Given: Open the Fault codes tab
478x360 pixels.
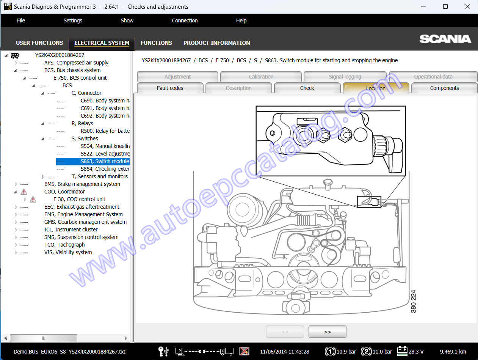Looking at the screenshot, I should click(170, 88).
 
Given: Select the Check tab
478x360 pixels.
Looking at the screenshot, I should click(307, 88).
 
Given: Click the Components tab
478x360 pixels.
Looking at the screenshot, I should click(444, 88).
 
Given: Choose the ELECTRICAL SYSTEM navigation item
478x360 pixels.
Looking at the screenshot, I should click(102, 43).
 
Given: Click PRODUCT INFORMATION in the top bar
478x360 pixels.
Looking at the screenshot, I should click(216, 43).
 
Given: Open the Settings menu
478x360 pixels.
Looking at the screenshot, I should click(73, 20).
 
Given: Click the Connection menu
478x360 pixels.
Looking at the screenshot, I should click(185, 20).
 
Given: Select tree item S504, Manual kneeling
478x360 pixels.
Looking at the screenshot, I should click(105, 146).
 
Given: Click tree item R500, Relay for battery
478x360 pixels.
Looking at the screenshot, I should click(105, 131).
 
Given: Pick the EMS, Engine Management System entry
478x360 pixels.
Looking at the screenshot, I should click(83, 214).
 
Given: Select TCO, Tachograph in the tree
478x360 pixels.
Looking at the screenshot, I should click(64, 245).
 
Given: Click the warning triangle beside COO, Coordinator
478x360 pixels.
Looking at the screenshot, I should click(24, 192).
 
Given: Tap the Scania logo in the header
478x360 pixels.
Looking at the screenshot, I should click(445, 39).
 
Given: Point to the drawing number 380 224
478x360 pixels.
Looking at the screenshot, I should click(413, 301).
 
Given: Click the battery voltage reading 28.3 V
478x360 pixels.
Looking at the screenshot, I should click(416, 352).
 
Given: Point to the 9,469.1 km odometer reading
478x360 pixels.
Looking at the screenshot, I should click(453, 352).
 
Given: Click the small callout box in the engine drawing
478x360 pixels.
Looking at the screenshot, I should click(369, 202).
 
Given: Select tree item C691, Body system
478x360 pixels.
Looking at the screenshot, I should click(105, 108).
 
